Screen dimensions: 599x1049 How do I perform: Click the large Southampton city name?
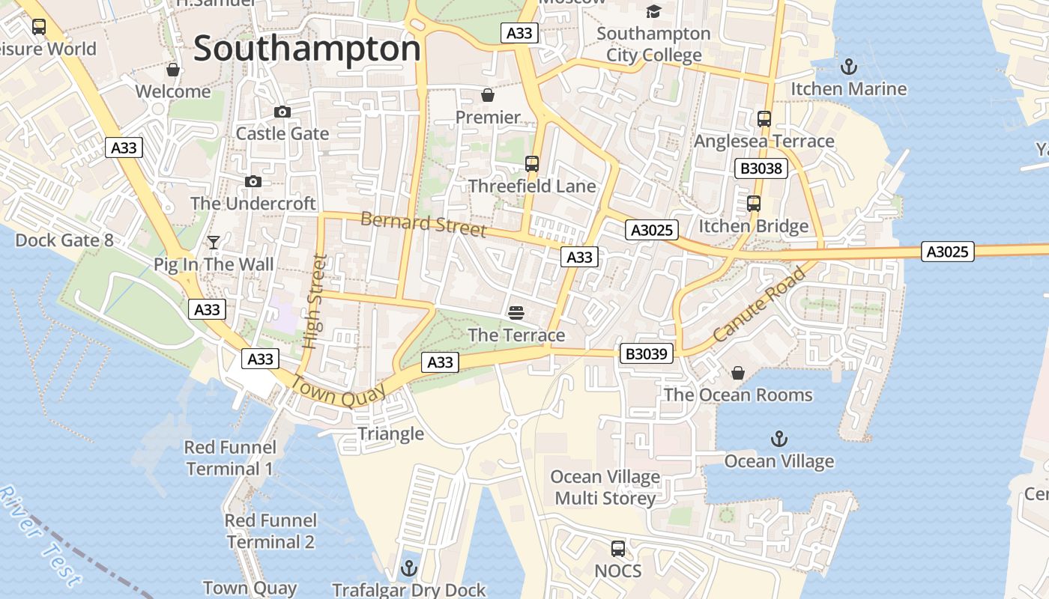tap(307, 49)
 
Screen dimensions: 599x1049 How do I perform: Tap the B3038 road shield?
tap(761, 168)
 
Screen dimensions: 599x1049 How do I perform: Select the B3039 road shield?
tap(646, 353)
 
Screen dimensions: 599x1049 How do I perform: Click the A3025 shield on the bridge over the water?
tap(947, 252)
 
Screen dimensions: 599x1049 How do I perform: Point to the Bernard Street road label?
tap(423, 224)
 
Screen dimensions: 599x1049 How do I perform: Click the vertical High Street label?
tap(315, 302)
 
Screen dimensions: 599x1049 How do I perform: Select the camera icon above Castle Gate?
tap(282, 112)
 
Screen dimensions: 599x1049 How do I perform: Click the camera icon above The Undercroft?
tap(253, 182)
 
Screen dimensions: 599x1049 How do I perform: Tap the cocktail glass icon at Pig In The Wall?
tap(214, 243)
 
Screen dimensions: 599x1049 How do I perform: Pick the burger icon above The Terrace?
tap(516, 312)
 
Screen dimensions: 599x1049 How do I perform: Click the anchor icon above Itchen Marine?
tap(848, 67)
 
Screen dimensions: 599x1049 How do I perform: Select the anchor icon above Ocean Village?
tap(779, 439)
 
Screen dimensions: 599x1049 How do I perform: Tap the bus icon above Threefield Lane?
tap(532, 164)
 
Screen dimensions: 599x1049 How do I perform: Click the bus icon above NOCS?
tap(618, 549)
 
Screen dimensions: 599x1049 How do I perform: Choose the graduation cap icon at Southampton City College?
tap(654, 11)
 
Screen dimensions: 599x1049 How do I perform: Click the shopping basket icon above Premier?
tap(488, 95)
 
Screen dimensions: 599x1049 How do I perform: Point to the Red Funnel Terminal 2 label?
tap(271, 531)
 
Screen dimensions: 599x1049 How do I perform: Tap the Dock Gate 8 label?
tap(64, 240)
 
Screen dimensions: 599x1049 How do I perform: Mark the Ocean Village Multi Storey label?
tap(605, 487)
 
